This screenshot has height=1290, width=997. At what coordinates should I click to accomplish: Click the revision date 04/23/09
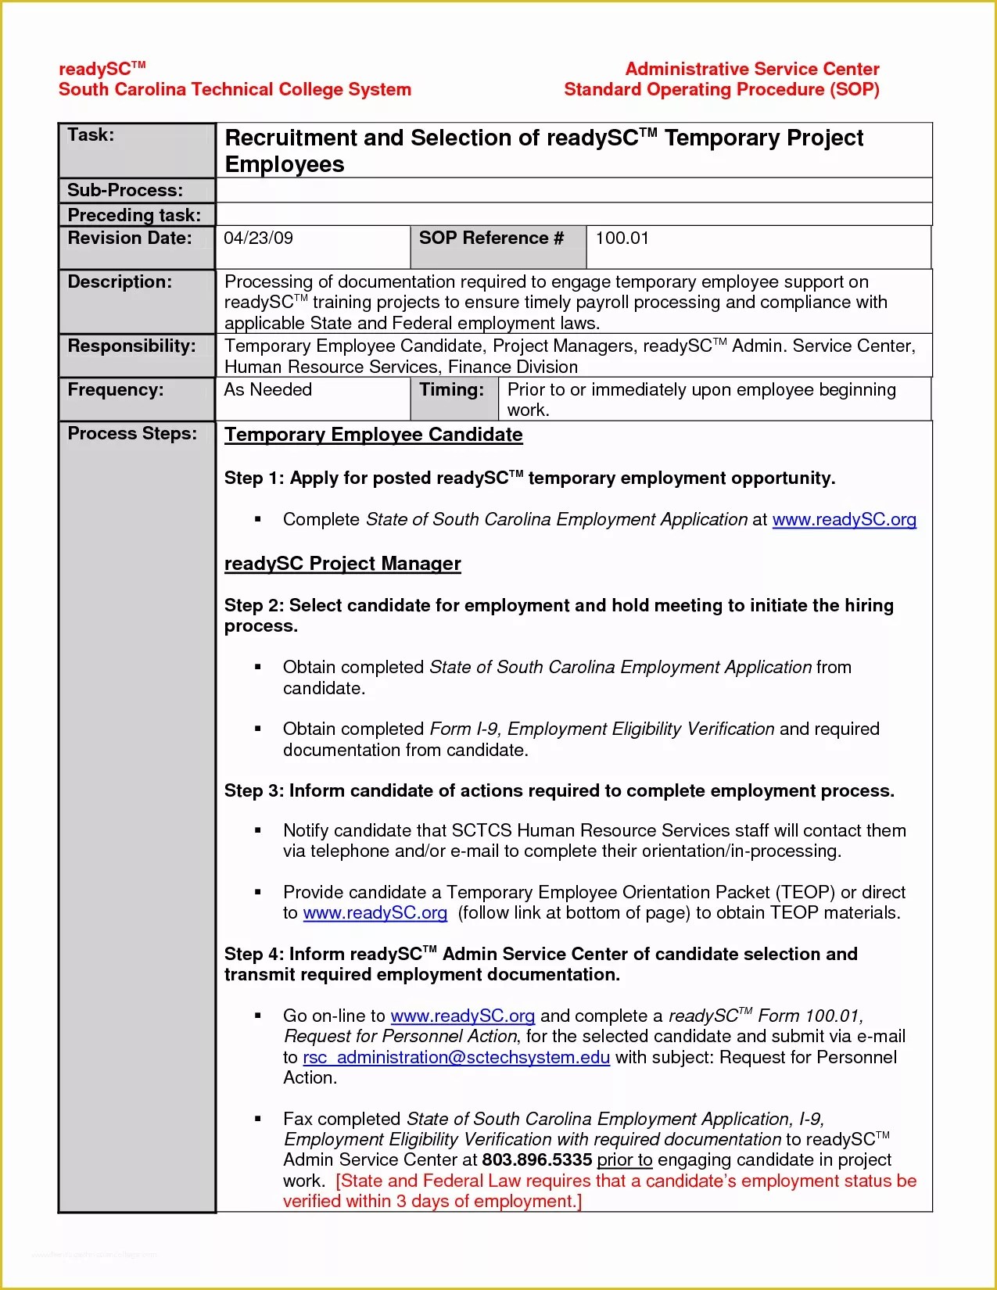click(x=258, y=238)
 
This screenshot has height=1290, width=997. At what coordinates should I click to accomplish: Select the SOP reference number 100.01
click(x=622, y=238)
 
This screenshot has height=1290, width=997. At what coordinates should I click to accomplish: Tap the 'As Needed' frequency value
click(x=267, y=389)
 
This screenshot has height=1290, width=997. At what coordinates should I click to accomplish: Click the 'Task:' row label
click(x=91, y=135)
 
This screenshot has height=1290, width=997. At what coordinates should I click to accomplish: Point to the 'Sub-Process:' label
click(x=125, y=190)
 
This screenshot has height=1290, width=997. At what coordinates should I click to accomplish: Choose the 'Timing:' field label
click(x=451, y=389)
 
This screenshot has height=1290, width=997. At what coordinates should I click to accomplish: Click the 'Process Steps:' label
click(x=132, y=434)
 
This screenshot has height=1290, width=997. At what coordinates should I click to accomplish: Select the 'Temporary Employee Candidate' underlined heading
click(x=373, y=435)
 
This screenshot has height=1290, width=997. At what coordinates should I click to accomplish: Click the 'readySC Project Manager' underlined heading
click(x=342, y=564)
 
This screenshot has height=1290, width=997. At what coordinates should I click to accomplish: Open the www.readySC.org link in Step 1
click(x=844, y=520)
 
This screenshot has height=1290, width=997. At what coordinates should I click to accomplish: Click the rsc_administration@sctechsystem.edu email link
click(x=456, y=1058)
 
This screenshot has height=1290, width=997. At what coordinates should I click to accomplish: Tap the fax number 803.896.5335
click(x=536, y=1160)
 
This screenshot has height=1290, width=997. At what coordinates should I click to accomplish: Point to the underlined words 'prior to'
click(x=624, y=1160)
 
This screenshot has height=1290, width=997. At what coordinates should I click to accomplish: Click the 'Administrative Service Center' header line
click(x=751, y=70)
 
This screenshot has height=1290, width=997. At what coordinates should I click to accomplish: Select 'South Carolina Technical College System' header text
click(x=235, y=90)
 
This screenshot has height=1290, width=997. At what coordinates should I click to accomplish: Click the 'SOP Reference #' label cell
click(x=491, y=238)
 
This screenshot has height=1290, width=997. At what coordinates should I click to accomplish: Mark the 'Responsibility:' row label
click(x=131, y=346)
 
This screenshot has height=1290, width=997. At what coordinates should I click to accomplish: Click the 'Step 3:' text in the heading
click(x=253, y=791)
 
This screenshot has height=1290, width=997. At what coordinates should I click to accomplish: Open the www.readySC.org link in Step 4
click(x=462, y=1016)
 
